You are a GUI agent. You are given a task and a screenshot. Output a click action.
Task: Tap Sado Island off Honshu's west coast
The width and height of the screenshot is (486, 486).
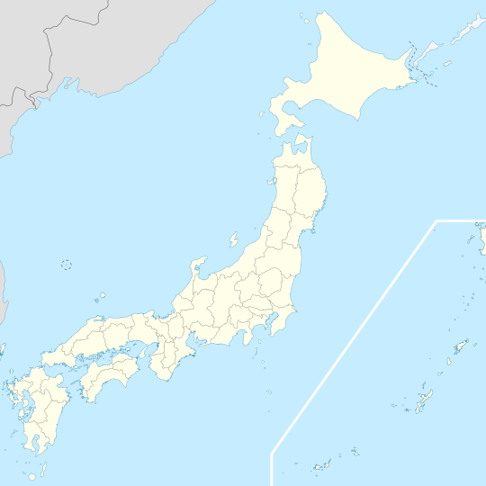(233, 240)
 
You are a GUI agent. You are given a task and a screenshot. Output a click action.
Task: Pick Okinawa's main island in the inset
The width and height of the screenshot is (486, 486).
(424, 399)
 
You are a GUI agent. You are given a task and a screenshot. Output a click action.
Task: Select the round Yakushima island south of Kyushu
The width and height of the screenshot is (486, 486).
(32, 474)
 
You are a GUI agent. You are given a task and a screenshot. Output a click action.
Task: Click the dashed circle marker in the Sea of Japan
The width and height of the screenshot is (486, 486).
(66, 264)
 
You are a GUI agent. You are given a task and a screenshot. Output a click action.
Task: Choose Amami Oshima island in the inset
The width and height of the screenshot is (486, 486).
(462, 346)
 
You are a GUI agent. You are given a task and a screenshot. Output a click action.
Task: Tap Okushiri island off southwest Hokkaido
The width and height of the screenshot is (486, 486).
(262, 116)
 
